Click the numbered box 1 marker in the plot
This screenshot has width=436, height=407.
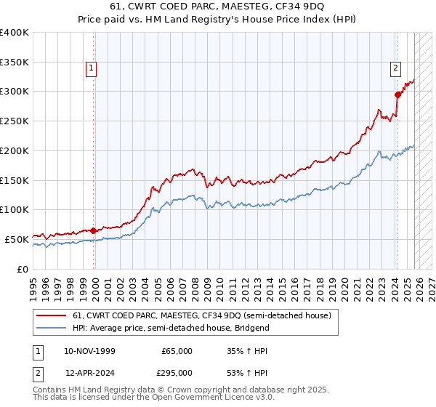click(x=92, y=69)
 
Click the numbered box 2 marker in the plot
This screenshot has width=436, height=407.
click(x=395, y=69)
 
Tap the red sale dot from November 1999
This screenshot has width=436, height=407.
click(x=94, y=230)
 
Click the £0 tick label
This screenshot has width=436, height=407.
click(x=23, y=269)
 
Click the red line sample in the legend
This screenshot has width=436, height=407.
click(x=52, y=315)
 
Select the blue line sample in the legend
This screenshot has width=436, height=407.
click(x=52, y=328)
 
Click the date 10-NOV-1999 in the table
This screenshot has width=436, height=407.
click(x=91, y=351)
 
